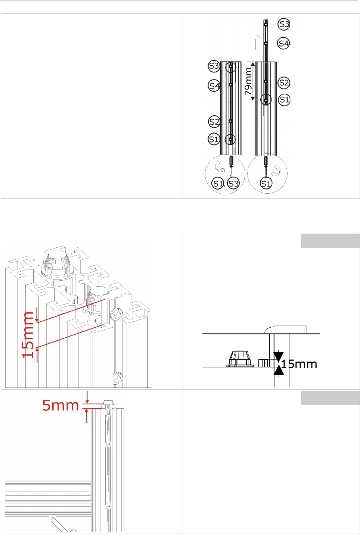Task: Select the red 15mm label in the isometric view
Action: coord(28,334)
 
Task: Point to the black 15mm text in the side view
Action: coord(299,364)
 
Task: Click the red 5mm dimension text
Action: coord(60,405)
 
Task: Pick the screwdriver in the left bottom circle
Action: coord(231,161)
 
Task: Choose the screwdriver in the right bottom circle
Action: coord(266,161)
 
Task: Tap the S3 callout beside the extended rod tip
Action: coord(284,24)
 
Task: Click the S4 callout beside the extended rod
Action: coord(284,43)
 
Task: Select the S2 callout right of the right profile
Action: coord(284,82)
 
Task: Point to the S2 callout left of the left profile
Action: coord(214,122)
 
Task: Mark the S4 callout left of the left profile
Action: coord(214,86)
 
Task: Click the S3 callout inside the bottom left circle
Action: coord(233,184)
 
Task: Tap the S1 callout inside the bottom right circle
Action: coord(266,184)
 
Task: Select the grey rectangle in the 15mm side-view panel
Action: coord(330,241)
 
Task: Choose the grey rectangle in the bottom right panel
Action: coord(330,398)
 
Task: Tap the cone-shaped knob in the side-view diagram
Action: coord(240,359)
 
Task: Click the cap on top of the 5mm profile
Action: coord(109,404)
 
